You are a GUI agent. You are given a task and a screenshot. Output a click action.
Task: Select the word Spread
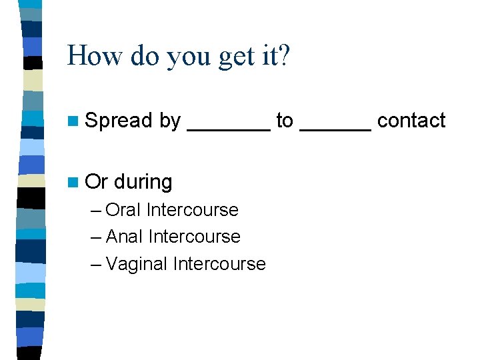tap(119, 121)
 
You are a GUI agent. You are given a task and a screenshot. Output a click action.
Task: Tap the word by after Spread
tap(170, 121)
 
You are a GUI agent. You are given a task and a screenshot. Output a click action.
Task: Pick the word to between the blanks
tap(285, 121)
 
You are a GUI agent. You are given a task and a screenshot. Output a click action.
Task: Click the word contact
tap(411, 121)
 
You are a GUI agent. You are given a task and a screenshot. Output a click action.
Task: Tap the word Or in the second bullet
tap(97, 181)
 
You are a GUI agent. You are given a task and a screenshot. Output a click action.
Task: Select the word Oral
tap(123, 210)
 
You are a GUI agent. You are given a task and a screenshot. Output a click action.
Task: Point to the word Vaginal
tap(137, 264)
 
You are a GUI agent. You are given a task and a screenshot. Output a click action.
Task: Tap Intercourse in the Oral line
tap(192, 210)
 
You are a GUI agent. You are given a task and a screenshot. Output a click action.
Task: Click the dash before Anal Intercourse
tap(95, 237)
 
